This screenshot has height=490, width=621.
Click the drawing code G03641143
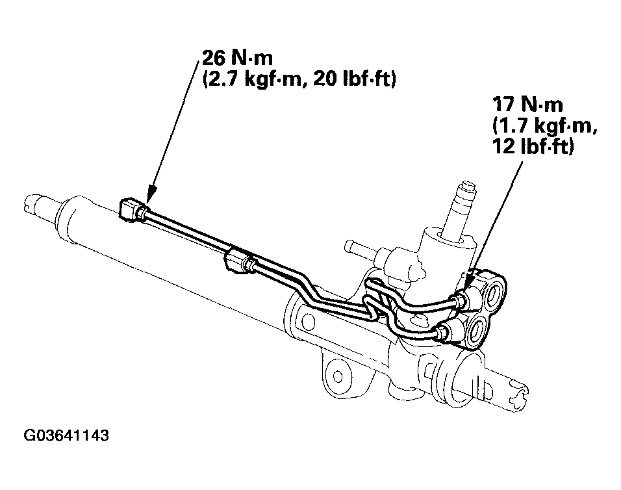(x=66, y=435)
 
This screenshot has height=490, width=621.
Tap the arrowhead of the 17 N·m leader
(x=467, y=287)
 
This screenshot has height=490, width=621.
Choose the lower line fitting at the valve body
(x=446, y=333)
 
